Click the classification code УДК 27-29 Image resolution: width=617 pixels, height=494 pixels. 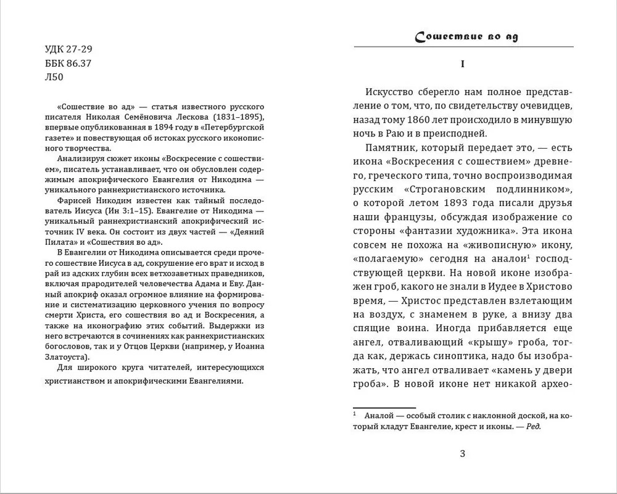[70, 49]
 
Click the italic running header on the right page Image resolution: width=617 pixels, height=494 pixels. [466, 36]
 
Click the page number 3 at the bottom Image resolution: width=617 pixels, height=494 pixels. [463, 455]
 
